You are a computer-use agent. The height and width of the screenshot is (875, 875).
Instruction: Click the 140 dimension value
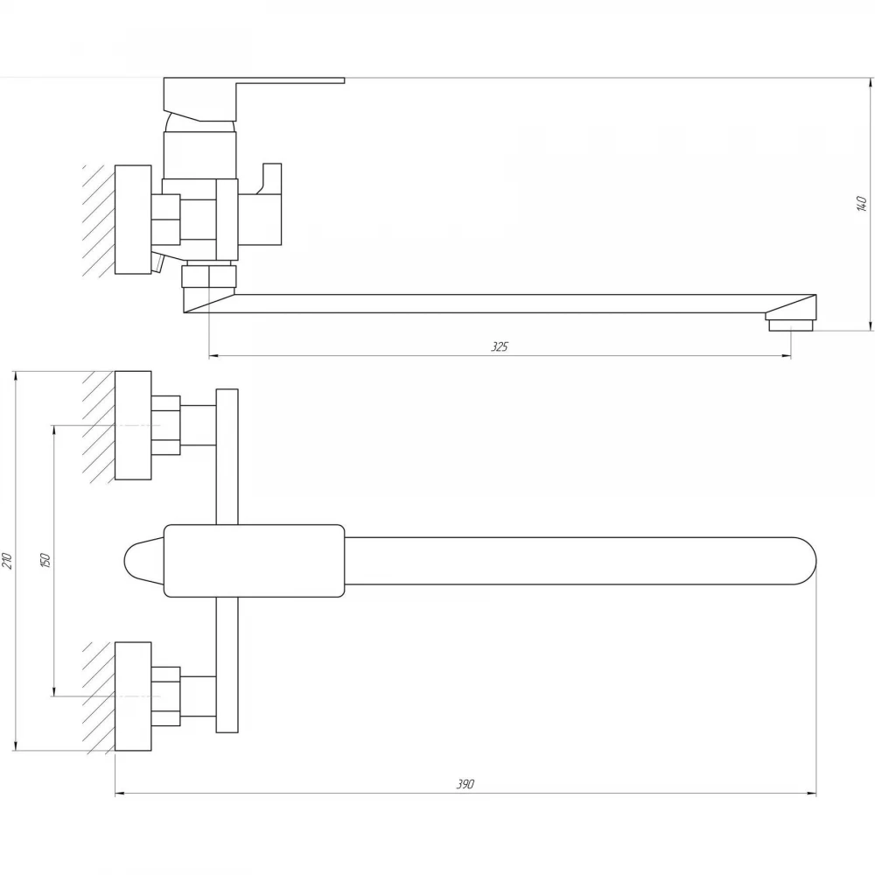coord(861,204)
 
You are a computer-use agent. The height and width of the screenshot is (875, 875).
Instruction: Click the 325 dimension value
coord(500,346)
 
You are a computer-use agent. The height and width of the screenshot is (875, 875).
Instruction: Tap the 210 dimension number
coord(7,560)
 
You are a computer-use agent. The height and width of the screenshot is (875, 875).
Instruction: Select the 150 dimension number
coord(45,560)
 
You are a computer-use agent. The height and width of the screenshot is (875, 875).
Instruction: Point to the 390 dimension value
coord(465,784)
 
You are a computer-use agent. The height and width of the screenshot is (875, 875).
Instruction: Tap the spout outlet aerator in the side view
coord(791,325)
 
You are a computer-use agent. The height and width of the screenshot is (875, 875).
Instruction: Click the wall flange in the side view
coord(133,220)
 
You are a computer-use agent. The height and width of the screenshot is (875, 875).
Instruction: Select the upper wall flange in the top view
coord(133,425)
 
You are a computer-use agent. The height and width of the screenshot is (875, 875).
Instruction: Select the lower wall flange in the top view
coord(133,696)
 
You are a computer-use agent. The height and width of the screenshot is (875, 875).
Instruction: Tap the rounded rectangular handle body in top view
coord(254,561)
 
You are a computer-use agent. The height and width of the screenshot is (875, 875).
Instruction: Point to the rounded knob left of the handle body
coord(143,561)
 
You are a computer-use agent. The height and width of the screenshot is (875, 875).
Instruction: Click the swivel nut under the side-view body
coord(209,276)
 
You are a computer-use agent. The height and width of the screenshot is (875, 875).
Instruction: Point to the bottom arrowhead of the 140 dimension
coord(871,325)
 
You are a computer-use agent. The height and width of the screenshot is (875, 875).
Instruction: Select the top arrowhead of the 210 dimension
coord(16,376)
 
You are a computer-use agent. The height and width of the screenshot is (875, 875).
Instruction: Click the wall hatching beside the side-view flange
coord(99,220)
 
